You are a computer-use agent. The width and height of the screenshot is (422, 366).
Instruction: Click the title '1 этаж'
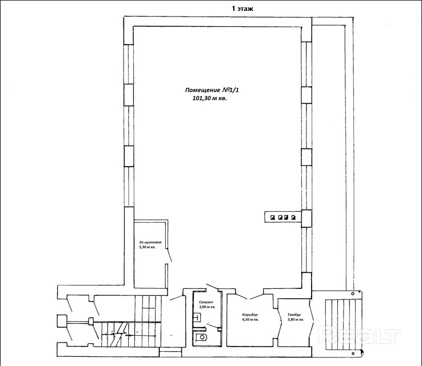[x=242, y=9]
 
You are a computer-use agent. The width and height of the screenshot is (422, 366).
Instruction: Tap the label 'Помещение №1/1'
[x=212, y=90]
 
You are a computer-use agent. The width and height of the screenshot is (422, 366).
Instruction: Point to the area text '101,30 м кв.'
[x=210, y=98]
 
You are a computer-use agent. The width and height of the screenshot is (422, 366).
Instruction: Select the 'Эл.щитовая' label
[x=150, y=242]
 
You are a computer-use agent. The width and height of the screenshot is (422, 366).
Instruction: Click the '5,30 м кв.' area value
[x=147, y=247]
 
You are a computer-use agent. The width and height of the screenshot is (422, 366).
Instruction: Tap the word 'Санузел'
[x=206, y=302]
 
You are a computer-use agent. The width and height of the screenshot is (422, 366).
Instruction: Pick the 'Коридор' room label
[x=250, y=315]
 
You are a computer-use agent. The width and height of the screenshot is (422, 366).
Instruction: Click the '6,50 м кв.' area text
[x=250, y=320]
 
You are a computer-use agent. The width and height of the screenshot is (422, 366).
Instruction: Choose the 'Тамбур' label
[x=294, y=315]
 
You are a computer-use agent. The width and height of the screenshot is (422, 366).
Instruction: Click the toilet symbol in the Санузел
[x=201, y=337]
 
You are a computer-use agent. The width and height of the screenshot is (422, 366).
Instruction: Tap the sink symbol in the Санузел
[x=197, y=317]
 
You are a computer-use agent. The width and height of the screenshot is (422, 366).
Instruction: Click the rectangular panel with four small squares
[x=282, y=217]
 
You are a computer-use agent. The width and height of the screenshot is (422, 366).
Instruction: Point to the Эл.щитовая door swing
[x=169, y=255]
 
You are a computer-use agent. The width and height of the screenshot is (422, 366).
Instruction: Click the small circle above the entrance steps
[x=353, y=294]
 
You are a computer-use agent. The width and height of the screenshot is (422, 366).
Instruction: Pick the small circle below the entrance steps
[x=353, y=353]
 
